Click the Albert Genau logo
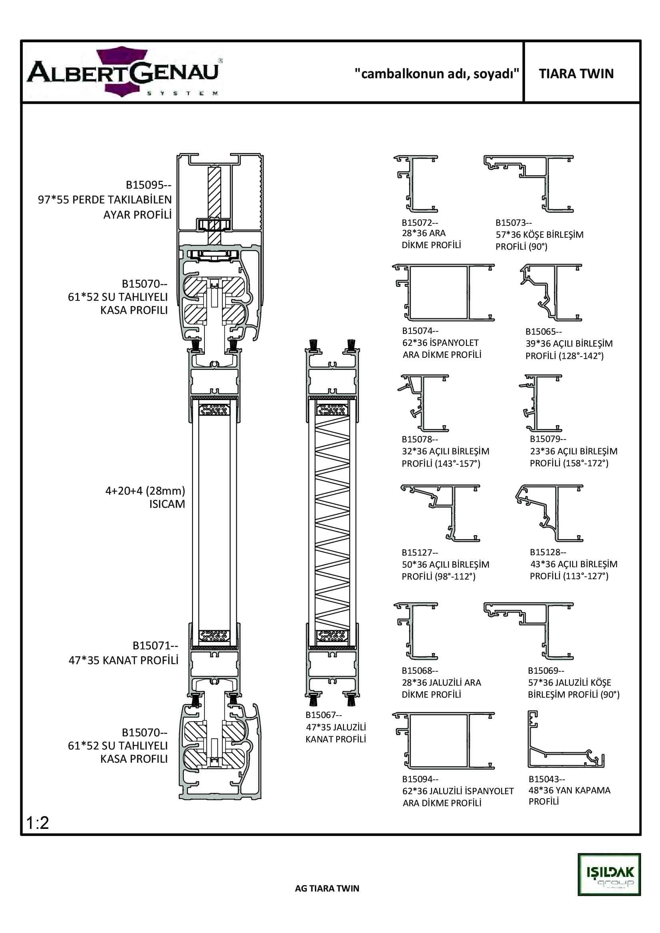124,72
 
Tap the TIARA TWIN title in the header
576,73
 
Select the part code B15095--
149,185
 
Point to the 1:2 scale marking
38,823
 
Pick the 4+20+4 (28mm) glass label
145,491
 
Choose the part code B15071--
155,646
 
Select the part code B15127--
420,552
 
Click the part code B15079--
548,439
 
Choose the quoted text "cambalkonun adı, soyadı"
437,73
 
